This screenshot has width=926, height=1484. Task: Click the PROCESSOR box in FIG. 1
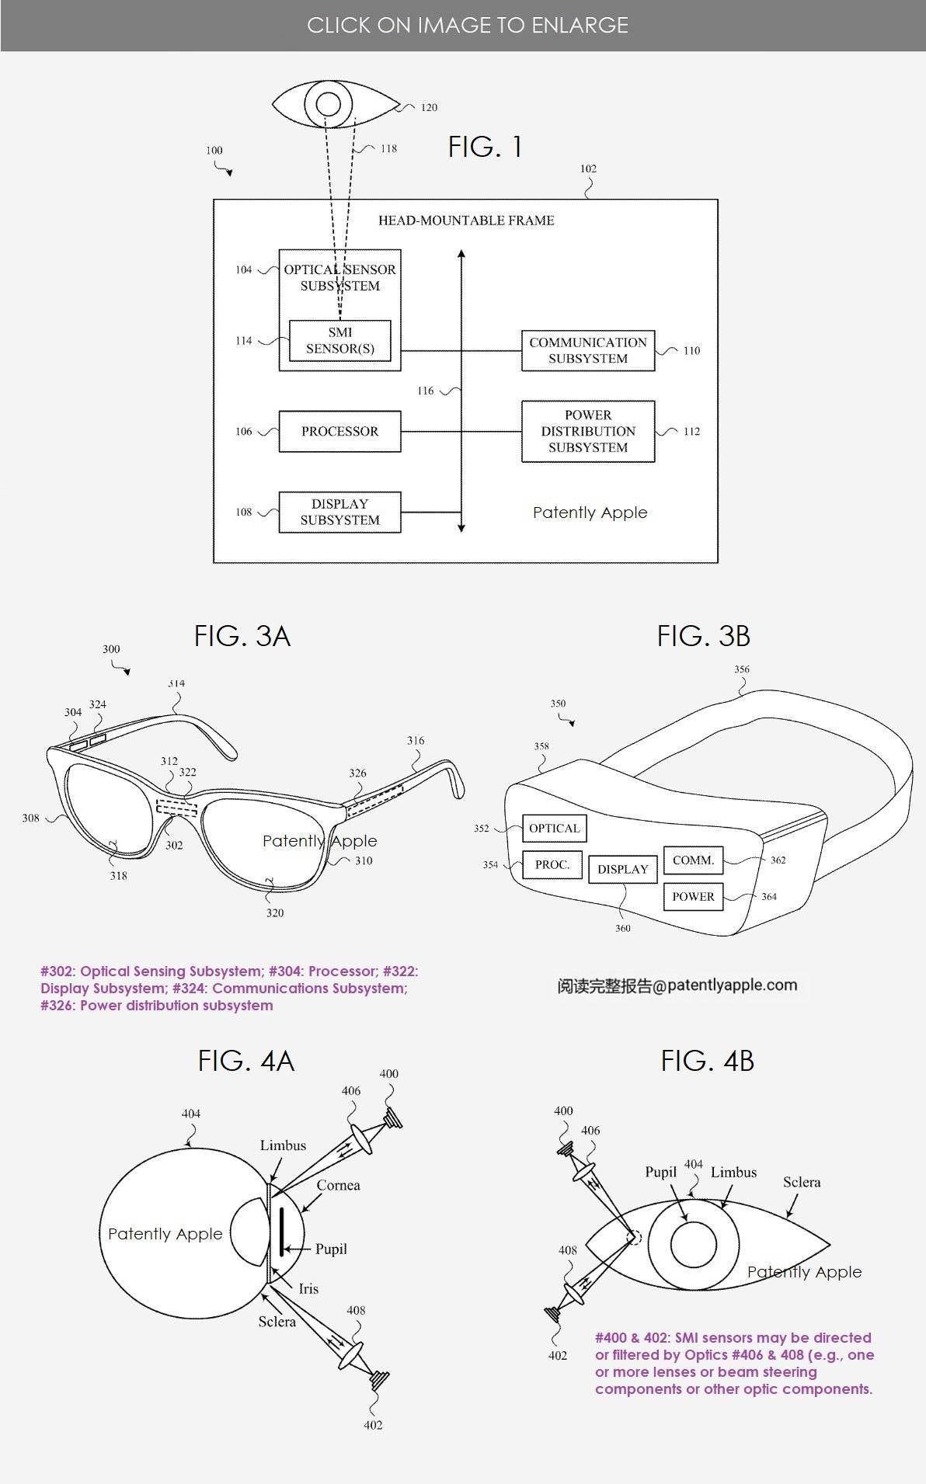339,431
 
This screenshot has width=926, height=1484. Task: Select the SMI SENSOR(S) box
340,340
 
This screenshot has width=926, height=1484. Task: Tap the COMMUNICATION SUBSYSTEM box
588,350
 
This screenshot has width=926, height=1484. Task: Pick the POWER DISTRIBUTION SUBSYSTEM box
588,431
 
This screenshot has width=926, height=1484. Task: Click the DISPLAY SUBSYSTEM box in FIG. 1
339,512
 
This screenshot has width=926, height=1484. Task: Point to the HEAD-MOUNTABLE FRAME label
466,221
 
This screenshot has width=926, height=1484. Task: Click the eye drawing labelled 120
336,106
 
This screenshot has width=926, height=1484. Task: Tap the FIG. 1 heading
485,146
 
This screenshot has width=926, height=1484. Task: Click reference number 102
588,169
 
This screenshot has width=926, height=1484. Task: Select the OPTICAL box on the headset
555,828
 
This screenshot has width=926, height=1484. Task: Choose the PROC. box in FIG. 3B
552,864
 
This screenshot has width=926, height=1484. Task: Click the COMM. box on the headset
693,860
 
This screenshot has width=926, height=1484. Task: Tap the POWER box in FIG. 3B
693,897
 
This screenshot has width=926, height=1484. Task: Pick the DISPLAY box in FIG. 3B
623,869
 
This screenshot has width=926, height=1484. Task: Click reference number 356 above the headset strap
742,669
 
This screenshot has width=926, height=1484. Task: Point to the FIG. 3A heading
242,636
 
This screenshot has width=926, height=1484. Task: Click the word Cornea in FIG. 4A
338,1185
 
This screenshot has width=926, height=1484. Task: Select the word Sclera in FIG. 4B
802,1182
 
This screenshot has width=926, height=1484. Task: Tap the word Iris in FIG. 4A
308,1288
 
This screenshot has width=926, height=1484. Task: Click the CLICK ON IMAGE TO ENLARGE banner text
468,25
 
